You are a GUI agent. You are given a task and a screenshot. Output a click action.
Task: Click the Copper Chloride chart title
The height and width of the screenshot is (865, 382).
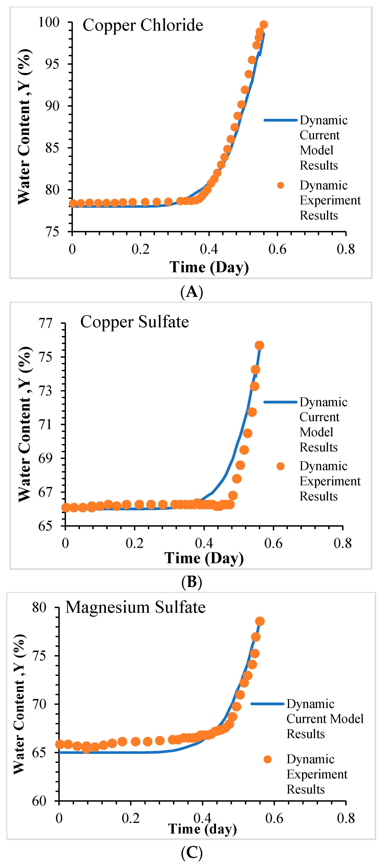tap(143, 25)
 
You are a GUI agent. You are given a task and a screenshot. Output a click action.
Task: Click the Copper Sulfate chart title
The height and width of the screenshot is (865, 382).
tap(135, 322)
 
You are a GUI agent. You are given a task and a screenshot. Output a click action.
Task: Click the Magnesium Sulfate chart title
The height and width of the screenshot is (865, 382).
tap(135, 607)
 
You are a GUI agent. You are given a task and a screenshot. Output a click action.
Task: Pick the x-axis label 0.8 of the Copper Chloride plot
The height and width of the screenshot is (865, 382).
tap(346, 249)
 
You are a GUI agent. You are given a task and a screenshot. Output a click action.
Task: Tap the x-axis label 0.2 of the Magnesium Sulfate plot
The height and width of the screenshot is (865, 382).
tap(131, 818)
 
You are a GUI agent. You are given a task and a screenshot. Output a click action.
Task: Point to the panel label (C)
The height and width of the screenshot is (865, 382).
tap(191, 852)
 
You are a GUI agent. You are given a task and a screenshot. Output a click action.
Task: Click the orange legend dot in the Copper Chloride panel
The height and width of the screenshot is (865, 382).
tap(281, 185)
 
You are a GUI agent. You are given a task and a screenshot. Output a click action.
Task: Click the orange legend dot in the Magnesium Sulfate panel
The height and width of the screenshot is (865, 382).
tap(267, 759)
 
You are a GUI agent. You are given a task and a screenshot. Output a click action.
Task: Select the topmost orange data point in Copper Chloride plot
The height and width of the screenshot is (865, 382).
tap(264, 25)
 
